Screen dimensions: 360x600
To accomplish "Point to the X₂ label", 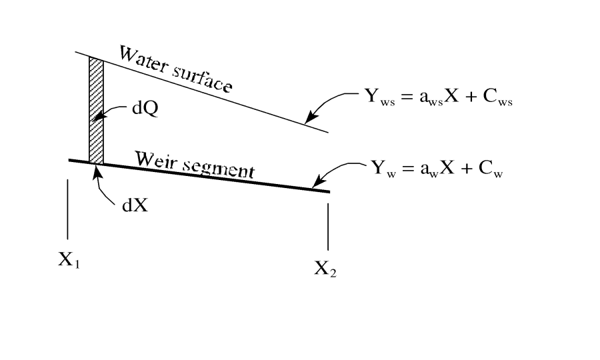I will click(x=325, y=269).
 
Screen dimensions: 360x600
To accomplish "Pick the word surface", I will click(x=202, y=79).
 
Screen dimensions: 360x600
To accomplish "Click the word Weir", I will click(x=154, y=161).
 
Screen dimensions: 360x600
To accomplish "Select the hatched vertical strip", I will click(x=97, y=110).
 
